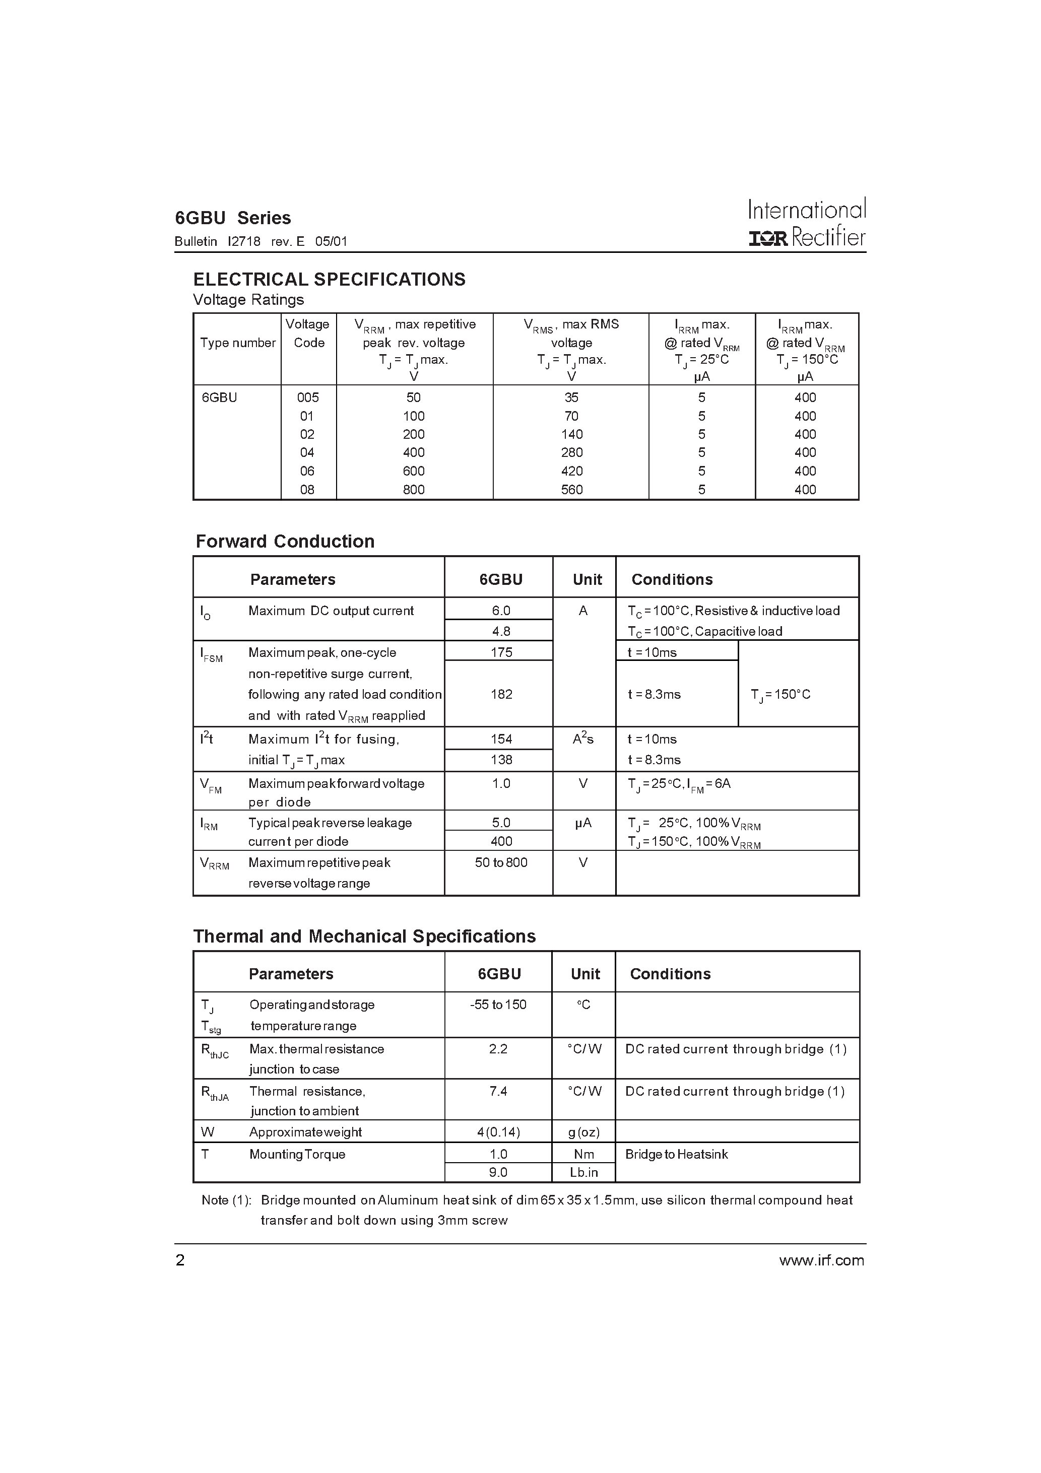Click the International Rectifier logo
(x=807, y=223)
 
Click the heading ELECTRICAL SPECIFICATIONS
(x=329, y=279)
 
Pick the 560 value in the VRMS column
(x=571, y=490)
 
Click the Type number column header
(x=237, y=343)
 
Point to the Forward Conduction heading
(x=285, y=541)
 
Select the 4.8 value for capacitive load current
(x=501, y=631)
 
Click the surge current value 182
(x=501, y=694)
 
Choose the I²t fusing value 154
(x=501, y=739)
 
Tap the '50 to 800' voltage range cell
(x=501, y=862)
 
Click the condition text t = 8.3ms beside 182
(x=654, y=694)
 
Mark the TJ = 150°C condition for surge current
(x=780, y=694)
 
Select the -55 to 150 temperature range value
(x=498, y=1005)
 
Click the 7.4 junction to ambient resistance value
(x=498, y=1091)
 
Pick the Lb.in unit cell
(x=583, y=1172)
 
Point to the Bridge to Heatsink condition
(x=677, y=1154)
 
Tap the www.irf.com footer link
(x=821, y=1260)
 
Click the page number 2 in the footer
(x=180, y=1260)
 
